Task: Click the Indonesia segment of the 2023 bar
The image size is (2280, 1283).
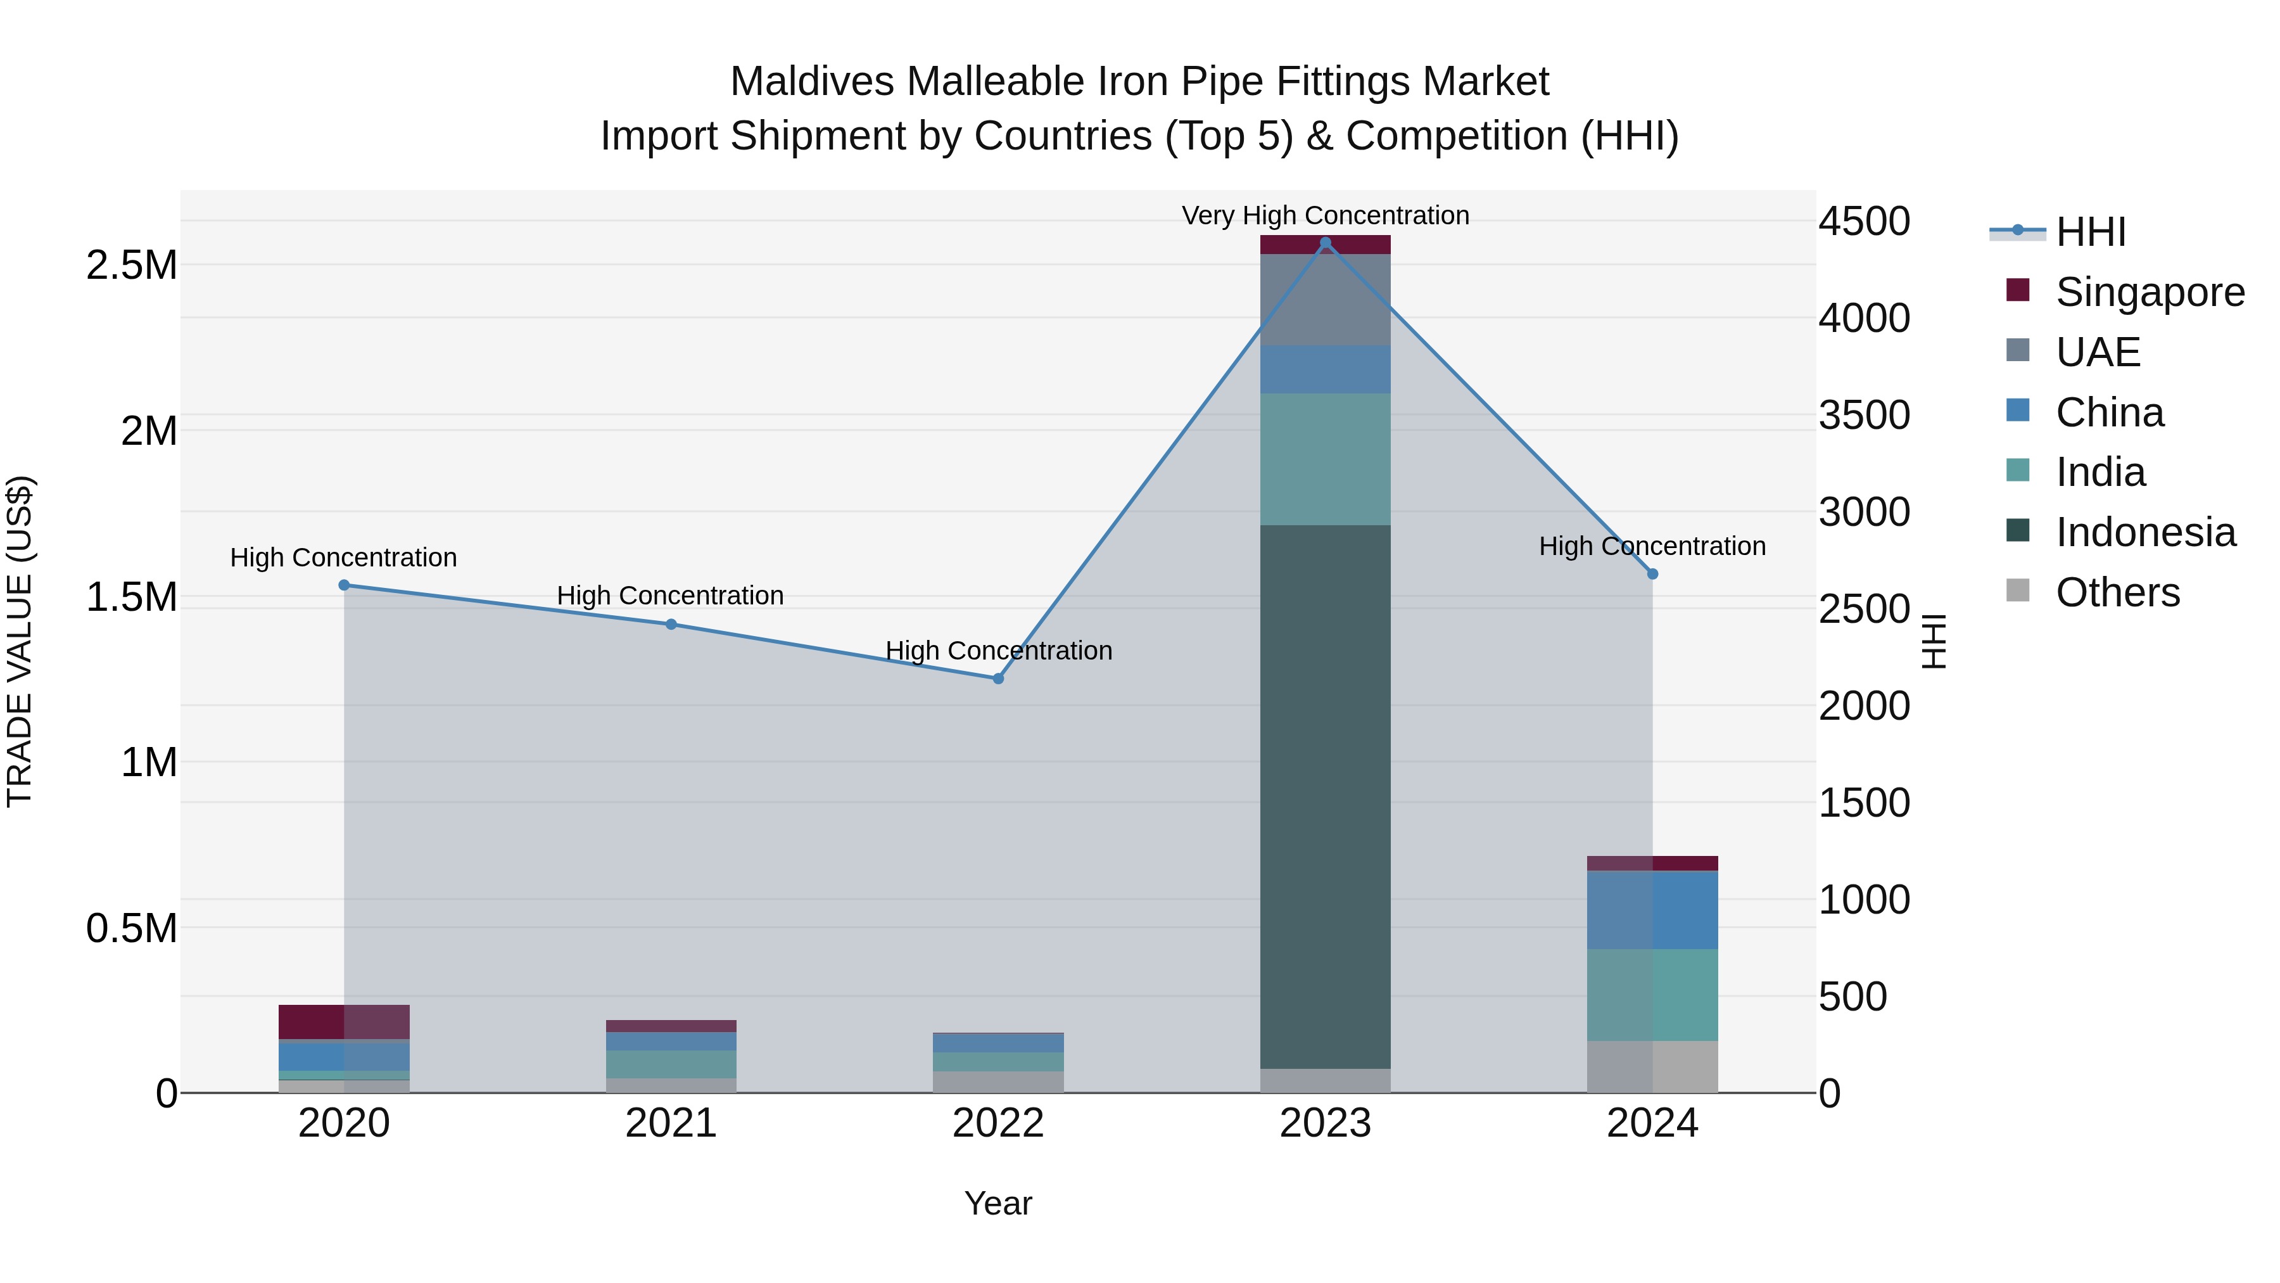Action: pyautogui.click(x=1325, y=797)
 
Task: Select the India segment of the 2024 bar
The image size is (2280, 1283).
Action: pyautogui.click(x=1652, y=994)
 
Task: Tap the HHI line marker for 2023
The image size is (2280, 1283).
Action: pyautogui.click(x=1325, y=243)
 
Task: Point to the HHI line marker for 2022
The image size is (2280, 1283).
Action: pyautogui.click(x=997, y=678)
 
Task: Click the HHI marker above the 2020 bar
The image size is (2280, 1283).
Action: pyautogui.click(x=345, y=585)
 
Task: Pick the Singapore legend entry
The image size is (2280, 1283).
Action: pyautogui.click(x=2149, y=292)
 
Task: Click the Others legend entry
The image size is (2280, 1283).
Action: pyautogui.click(x=2117, y=592)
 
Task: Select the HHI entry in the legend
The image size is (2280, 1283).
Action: pyautogui.click(x=2090, y=232)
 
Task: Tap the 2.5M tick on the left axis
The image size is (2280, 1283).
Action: pyautogui.click(x=132, y=265)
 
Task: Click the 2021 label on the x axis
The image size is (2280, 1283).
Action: pyautogui.click(x=671, y=1123)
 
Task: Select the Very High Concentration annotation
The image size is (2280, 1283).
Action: pyautogui.click(x=1325, y=215)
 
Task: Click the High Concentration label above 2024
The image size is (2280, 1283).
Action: pyautogui.click(x=1652, y=546)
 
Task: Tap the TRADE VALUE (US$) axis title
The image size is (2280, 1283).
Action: pyautogui.click(x=20, y=641)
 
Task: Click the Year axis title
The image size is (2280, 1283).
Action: pyautogui.click(x=997, y=1203)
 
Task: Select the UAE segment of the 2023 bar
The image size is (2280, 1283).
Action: pyautogui.click(x=1325, y=299)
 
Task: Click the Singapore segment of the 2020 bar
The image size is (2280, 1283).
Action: pyautogui.click(x=345, y=1022)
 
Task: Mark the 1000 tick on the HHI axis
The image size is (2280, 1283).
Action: pyautogui.click(x=1864, y=900)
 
